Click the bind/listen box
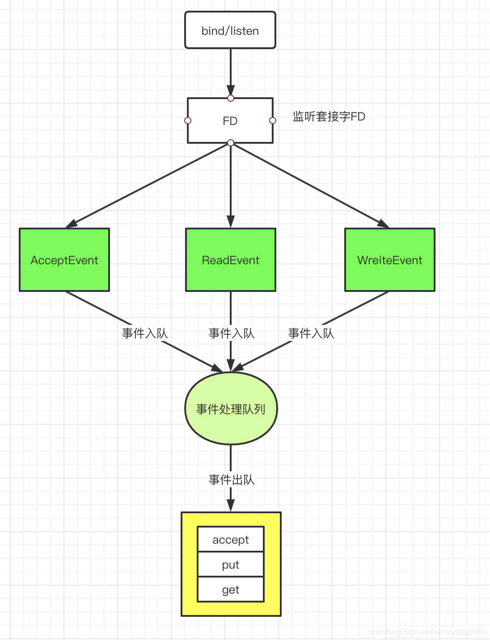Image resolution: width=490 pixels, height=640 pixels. (230, 30)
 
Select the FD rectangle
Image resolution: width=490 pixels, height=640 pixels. (230, 121)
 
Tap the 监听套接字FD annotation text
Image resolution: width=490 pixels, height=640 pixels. (329, 116)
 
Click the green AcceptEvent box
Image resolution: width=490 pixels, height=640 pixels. (64, 260)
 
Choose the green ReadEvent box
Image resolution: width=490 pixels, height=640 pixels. (230, 260)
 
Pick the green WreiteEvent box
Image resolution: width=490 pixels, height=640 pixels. (390, 260)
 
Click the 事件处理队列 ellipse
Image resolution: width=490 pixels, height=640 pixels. (231, 408)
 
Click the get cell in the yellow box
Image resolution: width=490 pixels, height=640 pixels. (231, 589)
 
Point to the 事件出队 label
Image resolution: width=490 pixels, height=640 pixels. (231, 480)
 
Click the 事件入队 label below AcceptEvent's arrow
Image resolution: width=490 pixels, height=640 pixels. (144, 333)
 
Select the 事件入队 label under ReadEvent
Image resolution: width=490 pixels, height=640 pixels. (231, 333)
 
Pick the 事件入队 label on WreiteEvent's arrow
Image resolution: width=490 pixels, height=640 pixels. (311, 333)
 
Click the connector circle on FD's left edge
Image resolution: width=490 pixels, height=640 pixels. (188, 121)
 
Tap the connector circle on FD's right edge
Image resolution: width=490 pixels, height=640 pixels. (273, 121)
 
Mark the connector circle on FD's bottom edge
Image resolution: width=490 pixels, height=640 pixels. (231, 142)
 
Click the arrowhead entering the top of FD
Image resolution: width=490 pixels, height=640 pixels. (231, 90)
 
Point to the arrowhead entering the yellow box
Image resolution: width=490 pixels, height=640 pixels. (231, 505)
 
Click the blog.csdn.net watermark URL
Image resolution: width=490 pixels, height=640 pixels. (427, 632)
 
